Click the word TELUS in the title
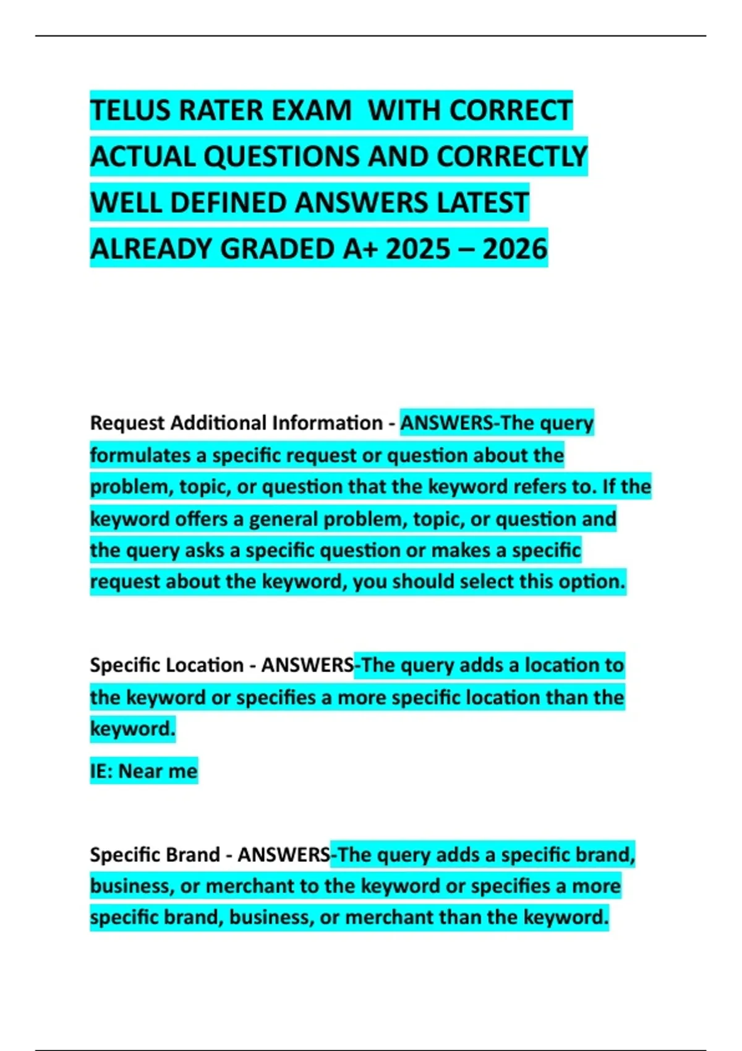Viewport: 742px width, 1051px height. [x=130, y=111]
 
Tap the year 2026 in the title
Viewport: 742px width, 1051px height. [x=515, y=249]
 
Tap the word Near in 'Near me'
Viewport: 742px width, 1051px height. [x=140, y=771]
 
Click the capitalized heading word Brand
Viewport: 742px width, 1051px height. [x=192, y=854]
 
